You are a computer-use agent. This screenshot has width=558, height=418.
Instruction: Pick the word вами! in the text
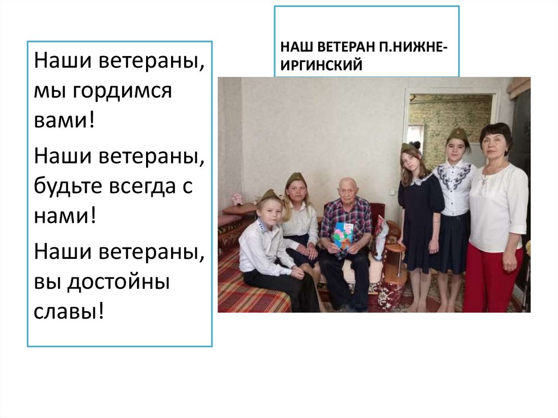(64, 119)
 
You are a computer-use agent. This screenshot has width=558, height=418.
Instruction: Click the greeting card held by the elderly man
(343, 234)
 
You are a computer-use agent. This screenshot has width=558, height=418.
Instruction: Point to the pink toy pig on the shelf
(237, 199)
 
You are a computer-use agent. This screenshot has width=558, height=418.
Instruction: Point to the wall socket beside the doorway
(391, 192)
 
